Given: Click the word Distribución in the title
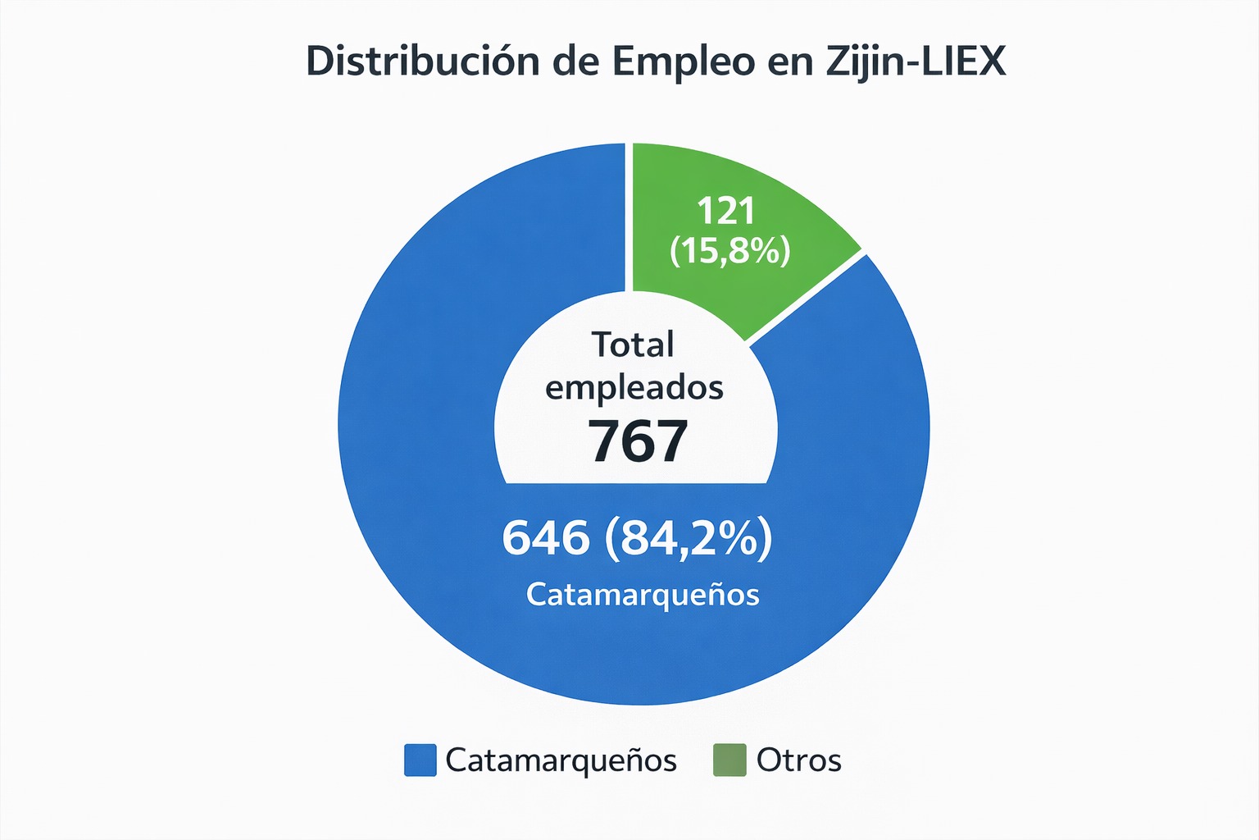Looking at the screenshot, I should [422, 62].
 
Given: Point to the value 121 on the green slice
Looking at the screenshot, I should [726, 211].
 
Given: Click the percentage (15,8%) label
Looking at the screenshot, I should [729, 250].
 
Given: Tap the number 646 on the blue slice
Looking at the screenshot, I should [545, 538].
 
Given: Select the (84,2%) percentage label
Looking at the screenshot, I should [689, 540].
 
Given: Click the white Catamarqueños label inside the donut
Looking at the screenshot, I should [643, 595].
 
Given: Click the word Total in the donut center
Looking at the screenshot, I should [633, 345].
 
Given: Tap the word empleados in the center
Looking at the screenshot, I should [634, 387].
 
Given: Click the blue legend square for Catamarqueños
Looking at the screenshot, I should [420, 760].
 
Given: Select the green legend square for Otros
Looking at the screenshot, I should [729, 760].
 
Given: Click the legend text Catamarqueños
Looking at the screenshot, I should [561, 760].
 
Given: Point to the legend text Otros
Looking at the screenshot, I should [798, 760].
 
